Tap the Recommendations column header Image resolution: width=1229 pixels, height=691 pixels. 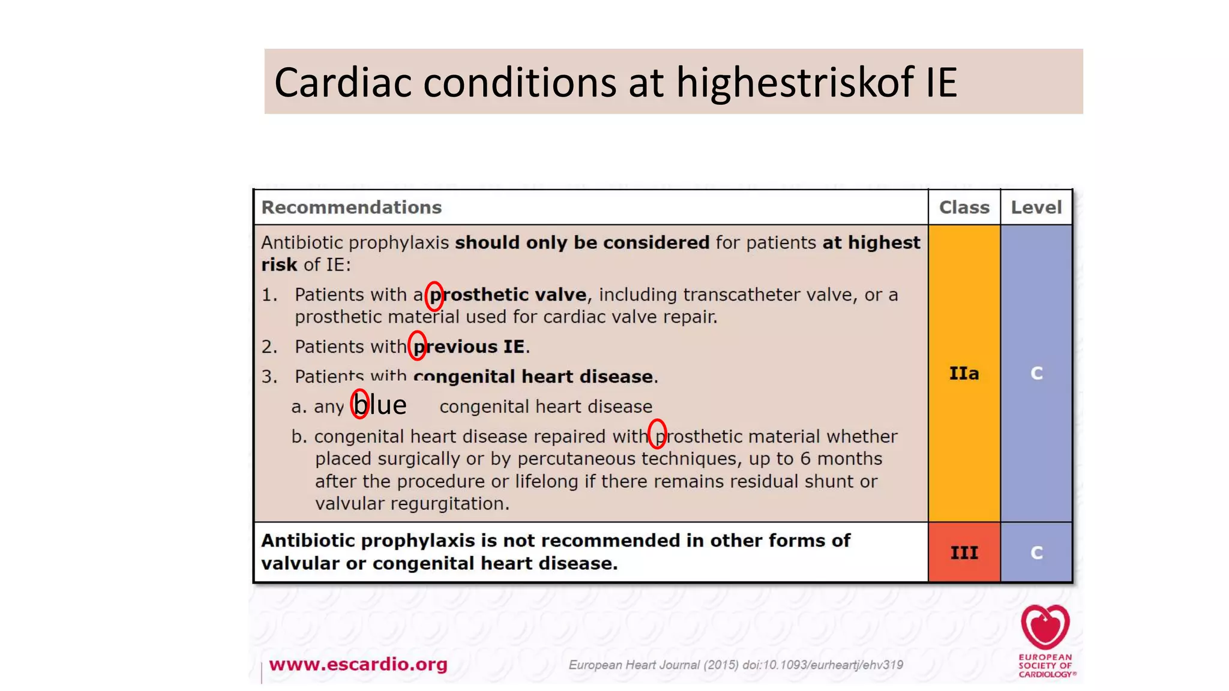point(351,208)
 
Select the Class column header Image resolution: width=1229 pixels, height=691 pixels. point(964,208)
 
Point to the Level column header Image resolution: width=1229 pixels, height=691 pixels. point(1036,208)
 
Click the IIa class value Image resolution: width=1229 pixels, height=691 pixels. point(964,373)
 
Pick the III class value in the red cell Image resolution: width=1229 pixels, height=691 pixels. point(964,552)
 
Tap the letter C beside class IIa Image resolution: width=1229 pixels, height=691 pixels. point(1036,373)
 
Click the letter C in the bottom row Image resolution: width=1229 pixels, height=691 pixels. point(1036,552)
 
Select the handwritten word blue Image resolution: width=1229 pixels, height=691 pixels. point(380,405)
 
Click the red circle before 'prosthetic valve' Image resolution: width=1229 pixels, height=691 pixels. point(434,296)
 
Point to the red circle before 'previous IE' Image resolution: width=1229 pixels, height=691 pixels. point(417,345)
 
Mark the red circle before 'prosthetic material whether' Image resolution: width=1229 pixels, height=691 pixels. point(658,434)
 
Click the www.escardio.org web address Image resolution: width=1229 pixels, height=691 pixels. point(358,664)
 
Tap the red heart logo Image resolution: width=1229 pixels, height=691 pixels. point(1045,627)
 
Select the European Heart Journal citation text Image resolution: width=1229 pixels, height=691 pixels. point(735,665)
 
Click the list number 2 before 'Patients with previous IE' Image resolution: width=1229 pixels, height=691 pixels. point(269,347)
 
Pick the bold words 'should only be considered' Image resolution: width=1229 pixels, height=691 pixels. point(582,242)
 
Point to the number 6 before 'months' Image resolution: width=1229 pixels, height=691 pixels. point(805,459)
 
